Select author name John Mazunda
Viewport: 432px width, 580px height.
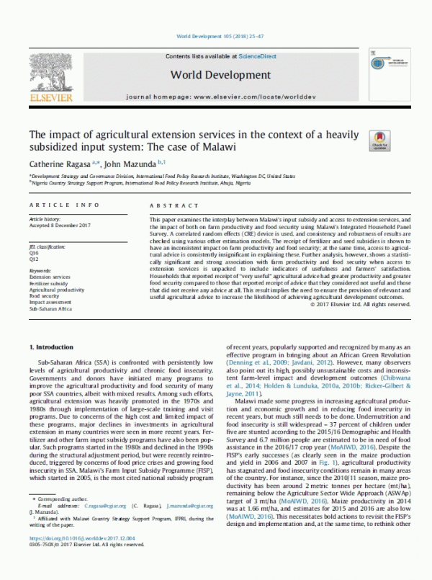pos(115,165)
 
